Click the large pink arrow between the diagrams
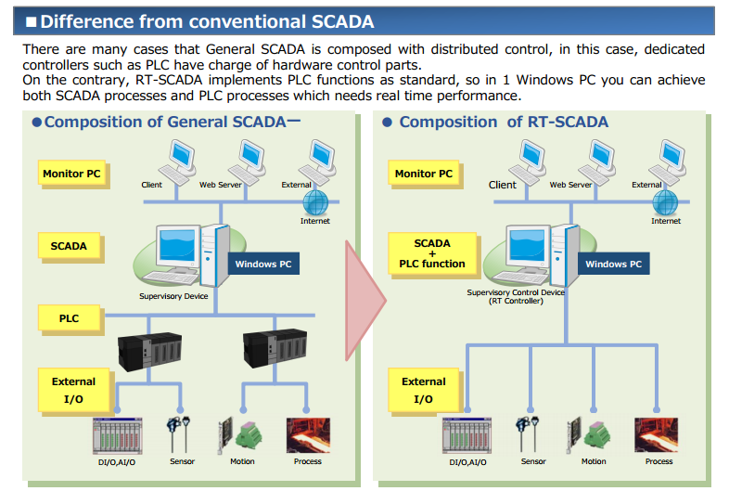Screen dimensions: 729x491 pos(364,301)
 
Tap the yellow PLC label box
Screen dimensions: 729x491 pos(69,318)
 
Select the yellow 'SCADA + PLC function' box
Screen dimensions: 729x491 pos(432,253)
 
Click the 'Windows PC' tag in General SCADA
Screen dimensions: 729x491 pos(263,264)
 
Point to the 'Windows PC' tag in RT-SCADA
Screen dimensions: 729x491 pos(613,264)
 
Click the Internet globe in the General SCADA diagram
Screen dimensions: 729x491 pos(315,203)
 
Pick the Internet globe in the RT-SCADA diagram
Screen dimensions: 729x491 pos(665,203)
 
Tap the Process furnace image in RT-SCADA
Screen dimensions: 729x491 pos(656,435)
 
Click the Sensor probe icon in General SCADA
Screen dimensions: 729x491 pos(178,433)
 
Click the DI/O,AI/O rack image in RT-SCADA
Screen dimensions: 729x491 pos(467,435)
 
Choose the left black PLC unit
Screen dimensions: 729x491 pos(149,352)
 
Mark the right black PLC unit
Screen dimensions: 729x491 pos(275,348)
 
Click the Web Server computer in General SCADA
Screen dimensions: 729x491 pos(247,162)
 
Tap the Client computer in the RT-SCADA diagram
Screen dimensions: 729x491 pos(528,162)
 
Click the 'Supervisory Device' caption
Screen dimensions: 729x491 pos(173,296)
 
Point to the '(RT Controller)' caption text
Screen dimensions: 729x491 pos(516,301)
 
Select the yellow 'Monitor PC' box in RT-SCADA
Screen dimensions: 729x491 pos(424,174)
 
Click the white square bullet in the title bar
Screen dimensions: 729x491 pos(32,22)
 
